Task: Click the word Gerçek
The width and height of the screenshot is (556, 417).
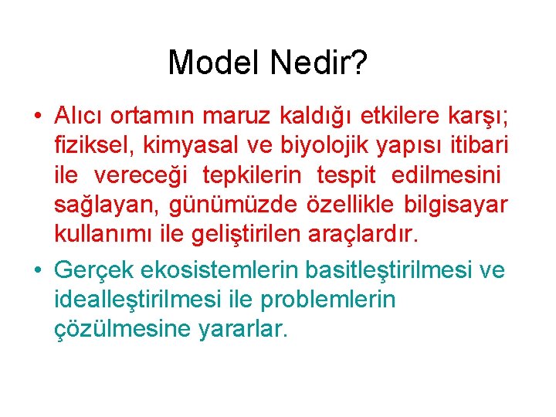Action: point(95,270)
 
